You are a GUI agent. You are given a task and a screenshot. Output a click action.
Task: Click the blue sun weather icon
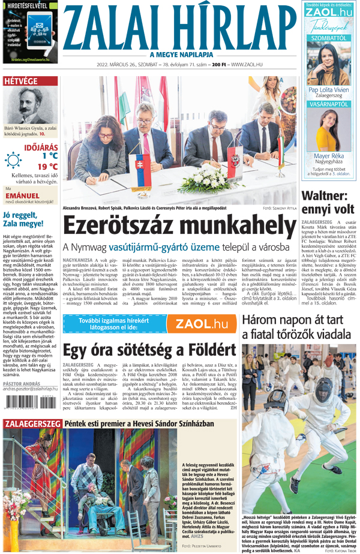coord(13,160)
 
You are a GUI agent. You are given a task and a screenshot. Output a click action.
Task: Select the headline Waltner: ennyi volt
coord(328,203)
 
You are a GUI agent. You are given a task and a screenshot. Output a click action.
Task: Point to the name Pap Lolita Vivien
coord(329,90)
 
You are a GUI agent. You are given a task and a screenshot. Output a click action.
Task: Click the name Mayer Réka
coord(329,155)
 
